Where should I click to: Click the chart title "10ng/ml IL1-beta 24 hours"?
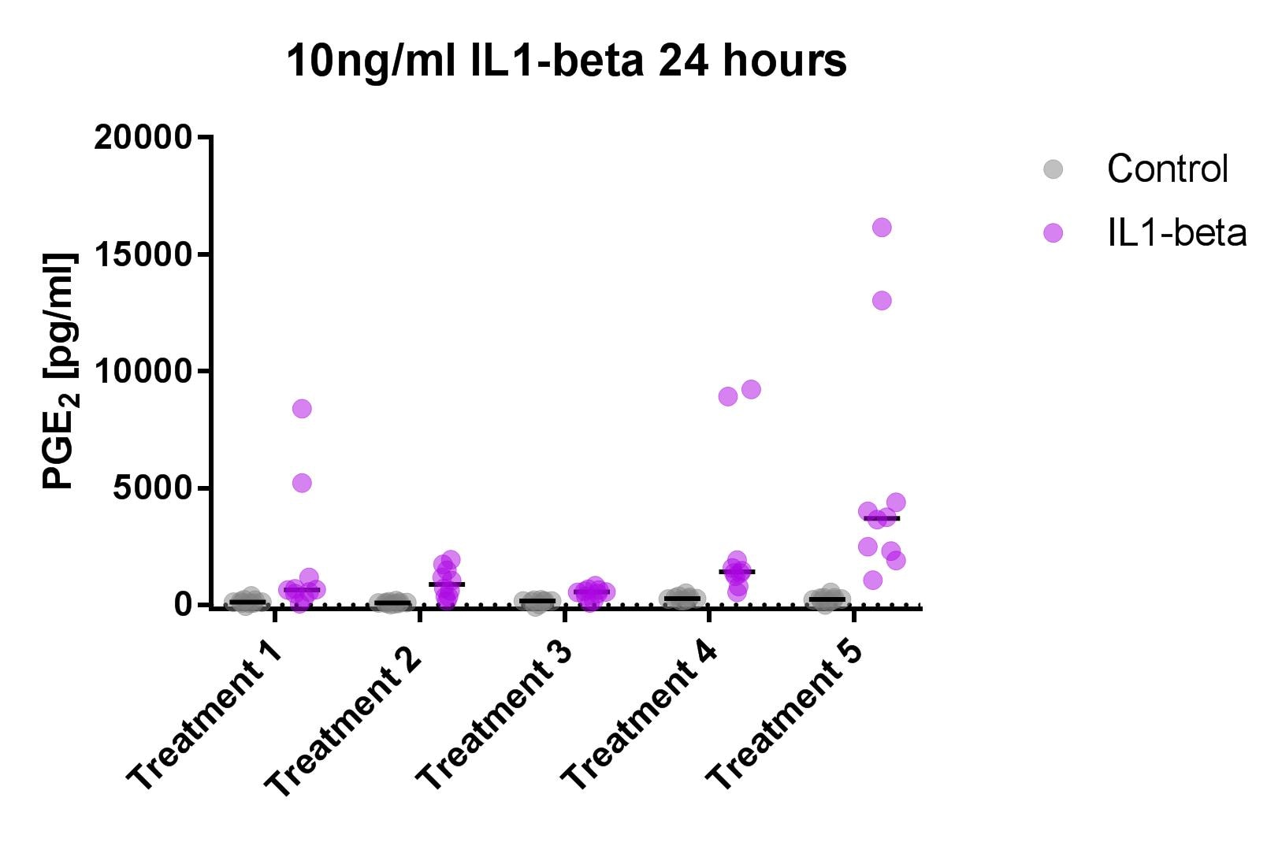[x=566, y=61]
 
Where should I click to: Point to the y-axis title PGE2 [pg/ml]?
[x=60, y=371]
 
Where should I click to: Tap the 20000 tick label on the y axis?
[x=143, y=138]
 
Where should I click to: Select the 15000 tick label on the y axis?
[x=143, y=254]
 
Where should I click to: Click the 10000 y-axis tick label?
[x=143, y=371]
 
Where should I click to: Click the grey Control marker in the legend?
[x=1053, y=169]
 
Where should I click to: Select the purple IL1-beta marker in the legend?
[x=1053, y=233]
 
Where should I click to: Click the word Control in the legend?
[x=1167, y=169]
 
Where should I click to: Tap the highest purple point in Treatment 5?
[x=882, y=228]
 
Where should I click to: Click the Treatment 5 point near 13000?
[x=882, y=300]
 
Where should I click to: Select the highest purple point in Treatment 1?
[x=302, y=408]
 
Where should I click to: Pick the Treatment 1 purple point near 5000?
[x=302, y=483]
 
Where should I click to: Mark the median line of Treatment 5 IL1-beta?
[x=882, y=518]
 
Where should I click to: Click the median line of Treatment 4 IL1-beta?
[x=737, y=571]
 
